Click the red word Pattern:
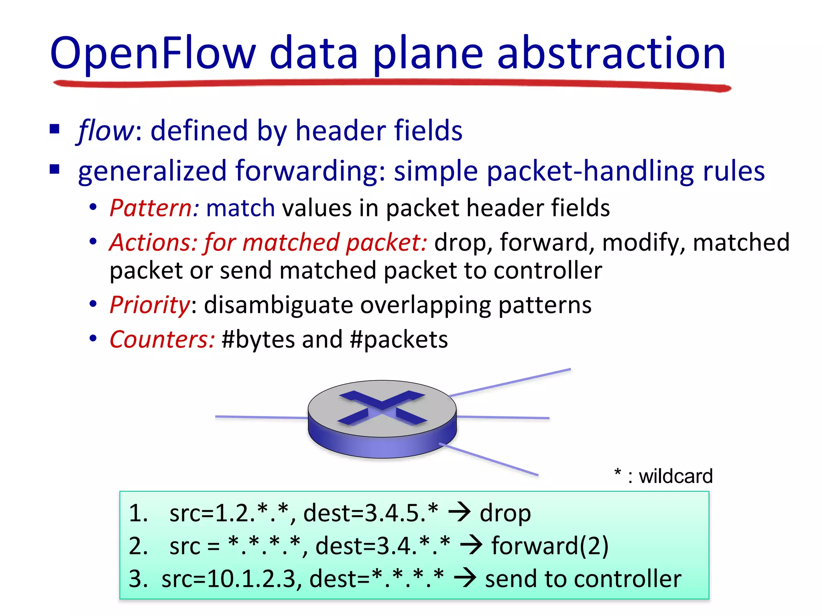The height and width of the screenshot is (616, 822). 154,208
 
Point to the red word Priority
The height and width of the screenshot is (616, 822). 149,305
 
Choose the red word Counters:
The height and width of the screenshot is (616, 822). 162,340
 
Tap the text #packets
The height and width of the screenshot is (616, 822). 399,340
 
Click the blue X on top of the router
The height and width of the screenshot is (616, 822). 382,407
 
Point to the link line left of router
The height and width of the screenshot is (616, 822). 261,417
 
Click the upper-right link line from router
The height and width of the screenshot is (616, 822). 510,383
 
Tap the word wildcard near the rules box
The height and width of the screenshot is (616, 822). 676,476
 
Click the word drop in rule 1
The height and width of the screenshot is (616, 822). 505,513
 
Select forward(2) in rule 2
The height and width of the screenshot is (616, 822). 550,546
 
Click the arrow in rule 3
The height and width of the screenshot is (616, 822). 465,579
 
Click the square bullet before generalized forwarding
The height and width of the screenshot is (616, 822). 55,170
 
